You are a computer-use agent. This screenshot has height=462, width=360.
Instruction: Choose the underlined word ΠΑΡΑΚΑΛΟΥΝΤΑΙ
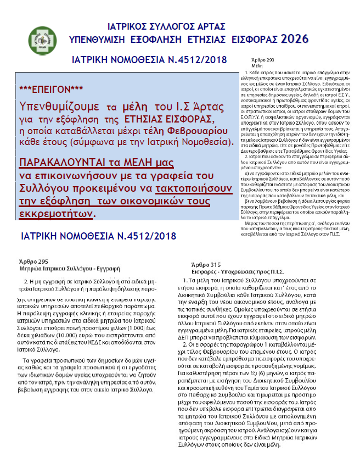coord(64,163)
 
